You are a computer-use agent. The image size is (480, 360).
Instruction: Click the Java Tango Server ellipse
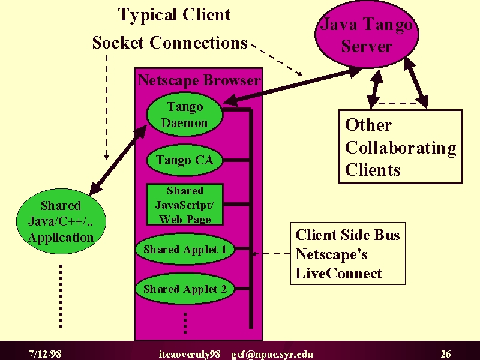point(367,34)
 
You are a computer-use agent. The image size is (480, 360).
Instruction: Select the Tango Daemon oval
point(185,115)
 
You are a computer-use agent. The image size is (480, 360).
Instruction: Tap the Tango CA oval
point(185,160)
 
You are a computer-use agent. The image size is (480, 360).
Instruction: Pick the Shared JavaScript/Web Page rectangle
point(185,205)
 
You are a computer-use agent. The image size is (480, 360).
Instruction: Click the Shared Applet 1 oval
point(185,249)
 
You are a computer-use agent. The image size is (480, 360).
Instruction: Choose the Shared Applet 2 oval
point(185,289)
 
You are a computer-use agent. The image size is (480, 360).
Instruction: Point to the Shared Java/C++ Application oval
point(61,221)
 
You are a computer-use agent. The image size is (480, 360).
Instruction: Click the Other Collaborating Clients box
point(400,146)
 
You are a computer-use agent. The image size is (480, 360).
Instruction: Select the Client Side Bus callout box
point(348,253)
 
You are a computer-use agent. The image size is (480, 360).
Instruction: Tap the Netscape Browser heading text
point(199,80)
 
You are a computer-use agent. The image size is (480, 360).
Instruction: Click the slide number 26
point(446,354)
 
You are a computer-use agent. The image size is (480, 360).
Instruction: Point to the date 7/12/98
point(45,354)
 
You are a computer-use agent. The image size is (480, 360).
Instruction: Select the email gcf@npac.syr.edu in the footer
point(272,354)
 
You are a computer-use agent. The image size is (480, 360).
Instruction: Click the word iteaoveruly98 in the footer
point(190,354)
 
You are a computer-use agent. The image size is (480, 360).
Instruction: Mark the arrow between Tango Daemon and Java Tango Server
point(292,86)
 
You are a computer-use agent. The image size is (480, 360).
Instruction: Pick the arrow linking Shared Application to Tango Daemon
point(118,160)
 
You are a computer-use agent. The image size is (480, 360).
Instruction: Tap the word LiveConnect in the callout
point(338,273)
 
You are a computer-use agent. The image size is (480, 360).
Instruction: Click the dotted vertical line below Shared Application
point(61,296)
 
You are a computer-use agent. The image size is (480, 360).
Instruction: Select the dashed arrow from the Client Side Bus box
point(271,254)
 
